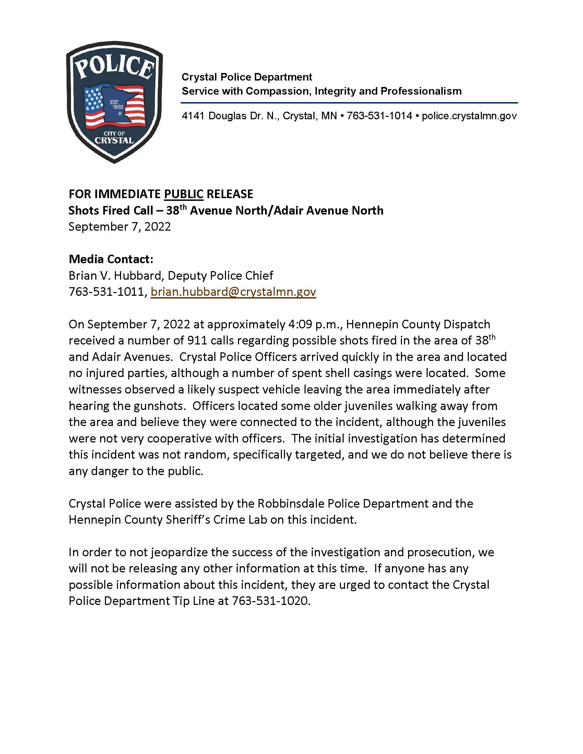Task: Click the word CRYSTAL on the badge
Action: tap(114, 140)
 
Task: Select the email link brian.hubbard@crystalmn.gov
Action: tap(233, 292)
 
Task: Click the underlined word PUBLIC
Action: tap(183, 194)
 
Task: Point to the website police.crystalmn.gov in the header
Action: tap(469, 115)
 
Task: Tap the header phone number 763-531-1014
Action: tap(379, 115)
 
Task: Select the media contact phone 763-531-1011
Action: tap(106, 292)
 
